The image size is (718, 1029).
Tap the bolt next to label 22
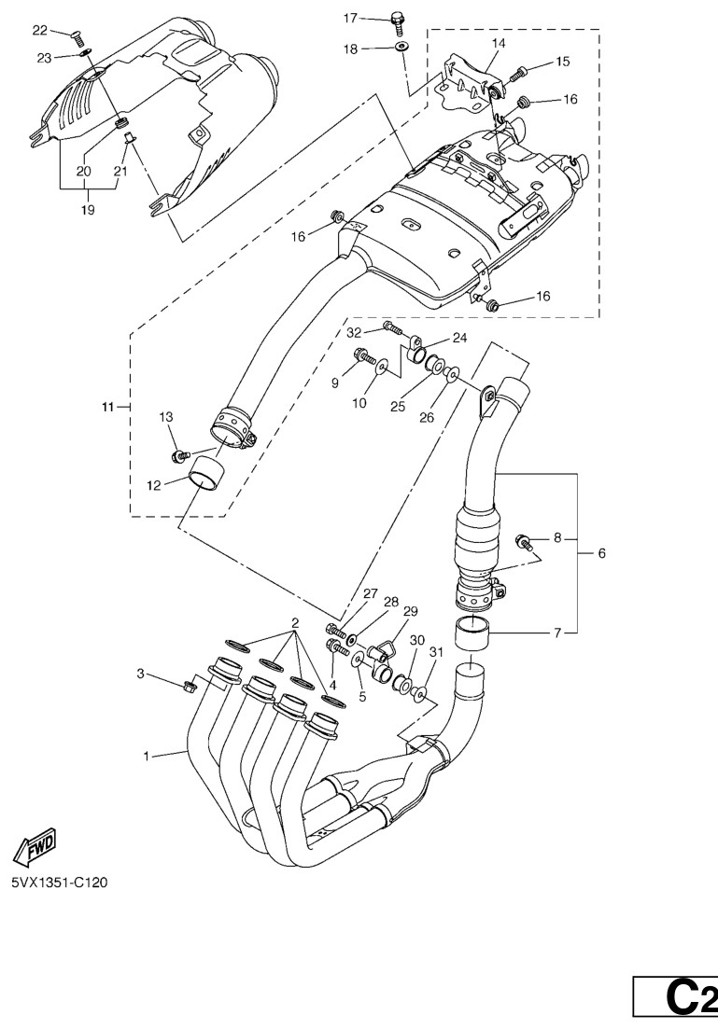tap(78, 36)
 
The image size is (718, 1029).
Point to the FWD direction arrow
tap(34, 845)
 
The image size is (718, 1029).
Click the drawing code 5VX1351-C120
tap(59, 883)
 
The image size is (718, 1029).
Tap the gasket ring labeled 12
tap(207, 473)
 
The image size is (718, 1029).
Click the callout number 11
tap(107, 408)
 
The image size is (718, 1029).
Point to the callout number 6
tap(601, 553)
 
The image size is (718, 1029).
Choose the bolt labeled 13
tap(177, 455)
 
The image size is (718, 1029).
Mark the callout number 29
tap(409, 611)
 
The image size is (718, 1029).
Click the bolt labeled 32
tap(391, 328)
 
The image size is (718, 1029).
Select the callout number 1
tap(147, 756)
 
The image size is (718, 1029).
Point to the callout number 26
tap(427, 417)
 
